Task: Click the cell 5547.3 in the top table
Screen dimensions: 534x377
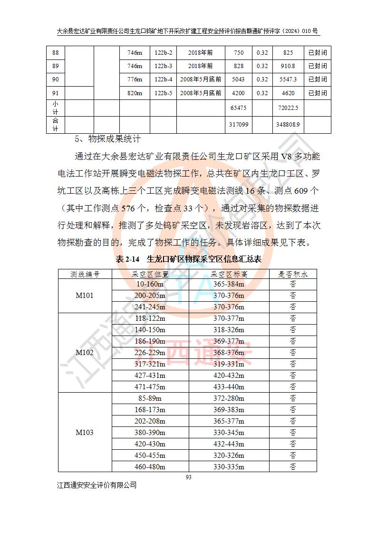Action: coord(287,79)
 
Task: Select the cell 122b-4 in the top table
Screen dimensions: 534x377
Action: coord(164,79)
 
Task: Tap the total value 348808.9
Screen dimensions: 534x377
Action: coord(287,125)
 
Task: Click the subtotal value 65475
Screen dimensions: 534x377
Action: coord(238,108)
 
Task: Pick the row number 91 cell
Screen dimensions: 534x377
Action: coord(56,93)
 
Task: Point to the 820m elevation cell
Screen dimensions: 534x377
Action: coord(135,93)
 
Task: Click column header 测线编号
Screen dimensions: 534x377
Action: coord(85,274)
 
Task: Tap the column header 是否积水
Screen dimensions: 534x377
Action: coord(293,274)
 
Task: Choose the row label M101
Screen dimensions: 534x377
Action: coord(85,296)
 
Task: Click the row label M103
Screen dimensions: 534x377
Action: coord(85,433)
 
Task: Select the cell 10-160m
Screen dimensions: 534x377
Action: coord(150,284)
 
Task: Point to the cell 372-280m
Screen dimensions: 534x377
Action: coord(229,398)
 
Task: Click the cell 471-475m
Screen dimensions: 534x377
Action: coord(150,387)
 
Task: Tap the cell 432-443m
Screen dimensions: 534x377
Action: coord(229,444)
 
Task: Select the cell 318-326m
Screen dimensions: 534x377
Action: coord(229,330)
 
